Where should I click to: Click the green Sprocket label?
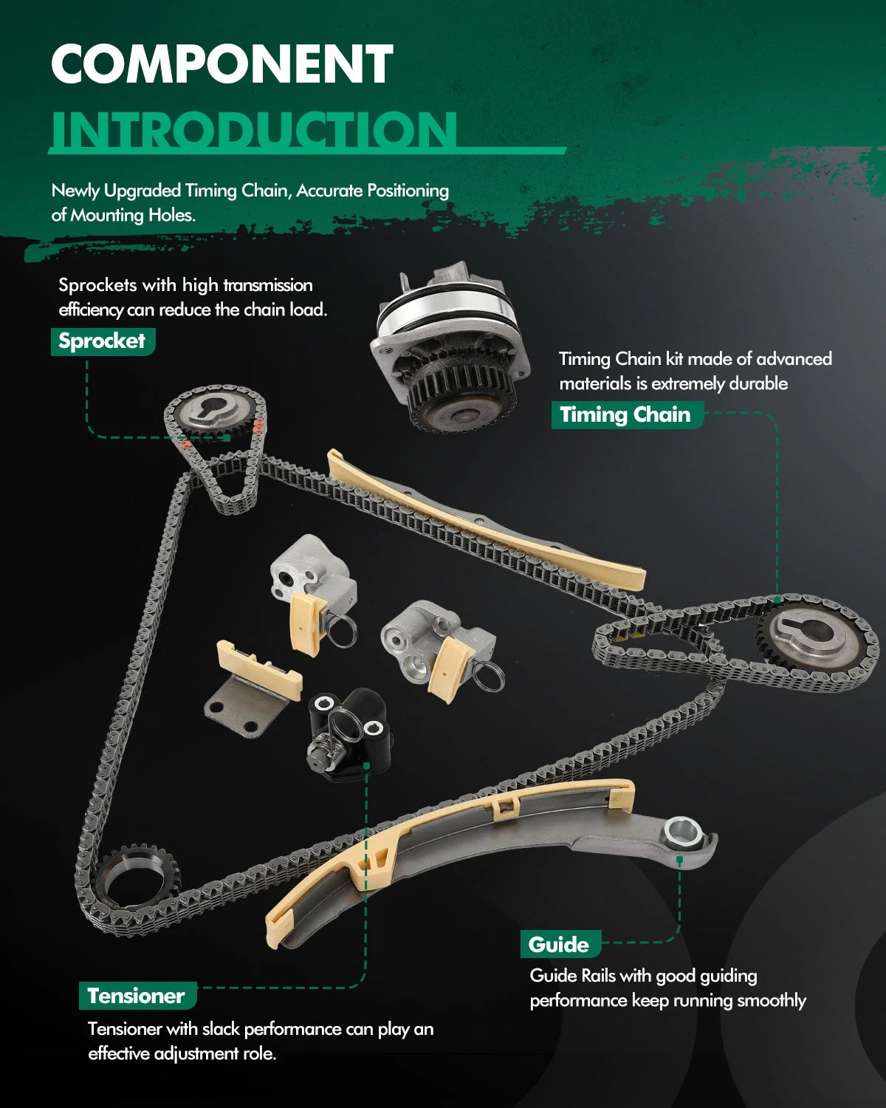pos(103,341)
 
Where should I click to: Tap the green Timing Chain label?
pos(627,415)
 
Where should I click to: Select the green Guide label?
pos(560,944)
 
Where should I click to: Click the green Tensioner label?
pos(137,996)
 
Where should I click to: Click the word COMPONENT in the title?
pos(222,64)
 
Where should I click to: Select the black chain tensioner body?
pos(351,735)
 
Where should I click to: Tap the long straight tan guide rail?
pos(486,521)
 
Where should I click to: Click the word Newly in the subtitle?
pos(75,191)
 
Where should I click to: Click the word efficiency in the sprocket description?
pos(91,310)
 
